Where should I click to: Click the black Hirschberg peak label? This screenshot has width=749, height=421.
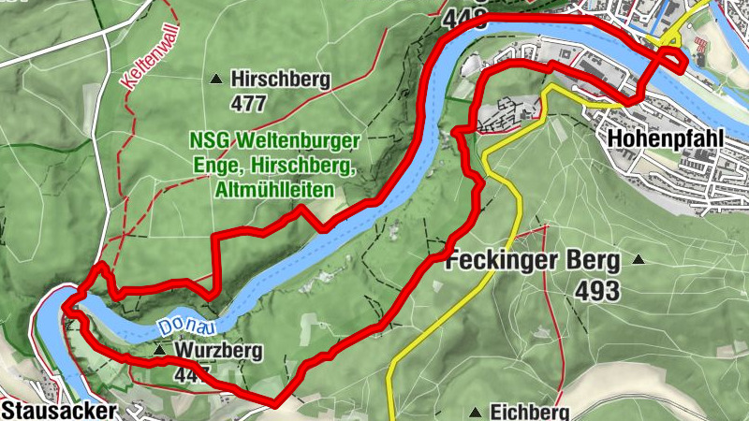coord(281,79)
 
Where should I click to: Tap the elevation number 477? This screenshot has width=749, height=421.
coord(248,102)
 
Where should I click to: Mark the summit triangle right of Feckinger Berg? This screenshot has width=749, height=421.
coord(639,259)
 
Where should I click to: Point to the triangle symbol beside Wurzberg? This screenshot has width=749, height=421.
coord(160,351)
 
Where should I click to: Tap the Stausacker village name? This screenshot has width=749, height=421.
coord(59,410)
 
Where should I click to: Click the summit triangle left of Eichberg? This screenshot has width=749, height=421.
coord(477,412)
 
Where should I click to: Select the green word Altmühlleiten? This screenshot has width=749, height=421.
coord(275,189)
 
